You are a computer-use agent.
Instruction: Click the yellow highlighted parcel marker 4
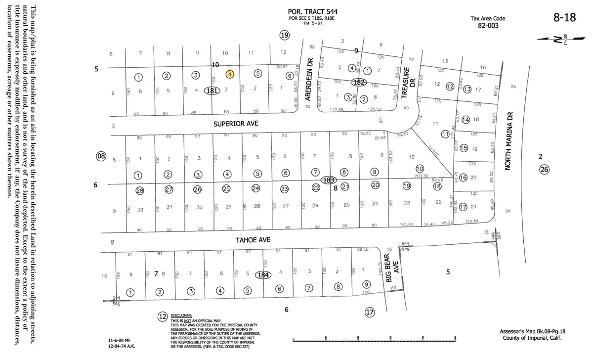[230, 74]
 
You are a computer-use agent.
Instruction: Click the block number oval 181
[212, 90]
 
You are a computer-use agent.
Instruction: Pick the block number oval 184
[262, 274]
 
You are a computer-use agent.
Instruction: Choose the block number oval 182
[359, 82]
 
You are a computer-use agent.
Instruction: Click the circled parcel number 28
[139, 189]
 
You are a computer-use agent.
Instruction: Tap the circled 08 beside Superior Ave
[101, 156]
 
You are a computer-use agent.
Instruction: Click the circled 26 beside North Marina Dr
[544, 170]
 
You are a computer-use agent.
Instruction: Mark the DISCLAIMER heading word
[181, 315]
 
